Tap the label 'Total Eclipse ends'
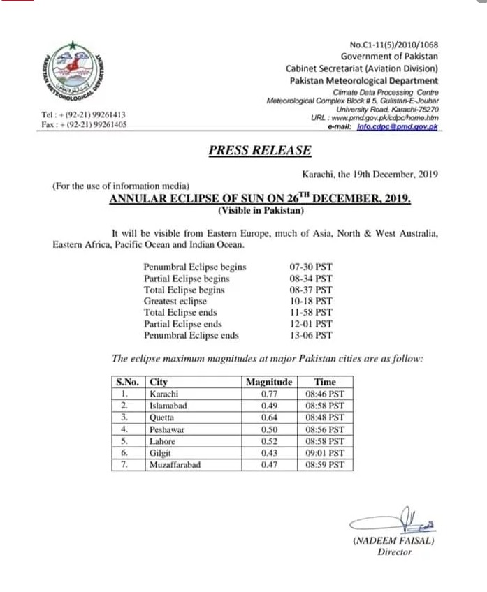tap(180, 312)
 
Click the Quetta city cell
tap(163, 417)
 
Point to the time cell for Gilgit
tap(326, 452)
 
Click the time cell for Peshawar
tap(326, 429)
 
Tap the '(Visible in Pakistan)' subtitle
tap(260, 210)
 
